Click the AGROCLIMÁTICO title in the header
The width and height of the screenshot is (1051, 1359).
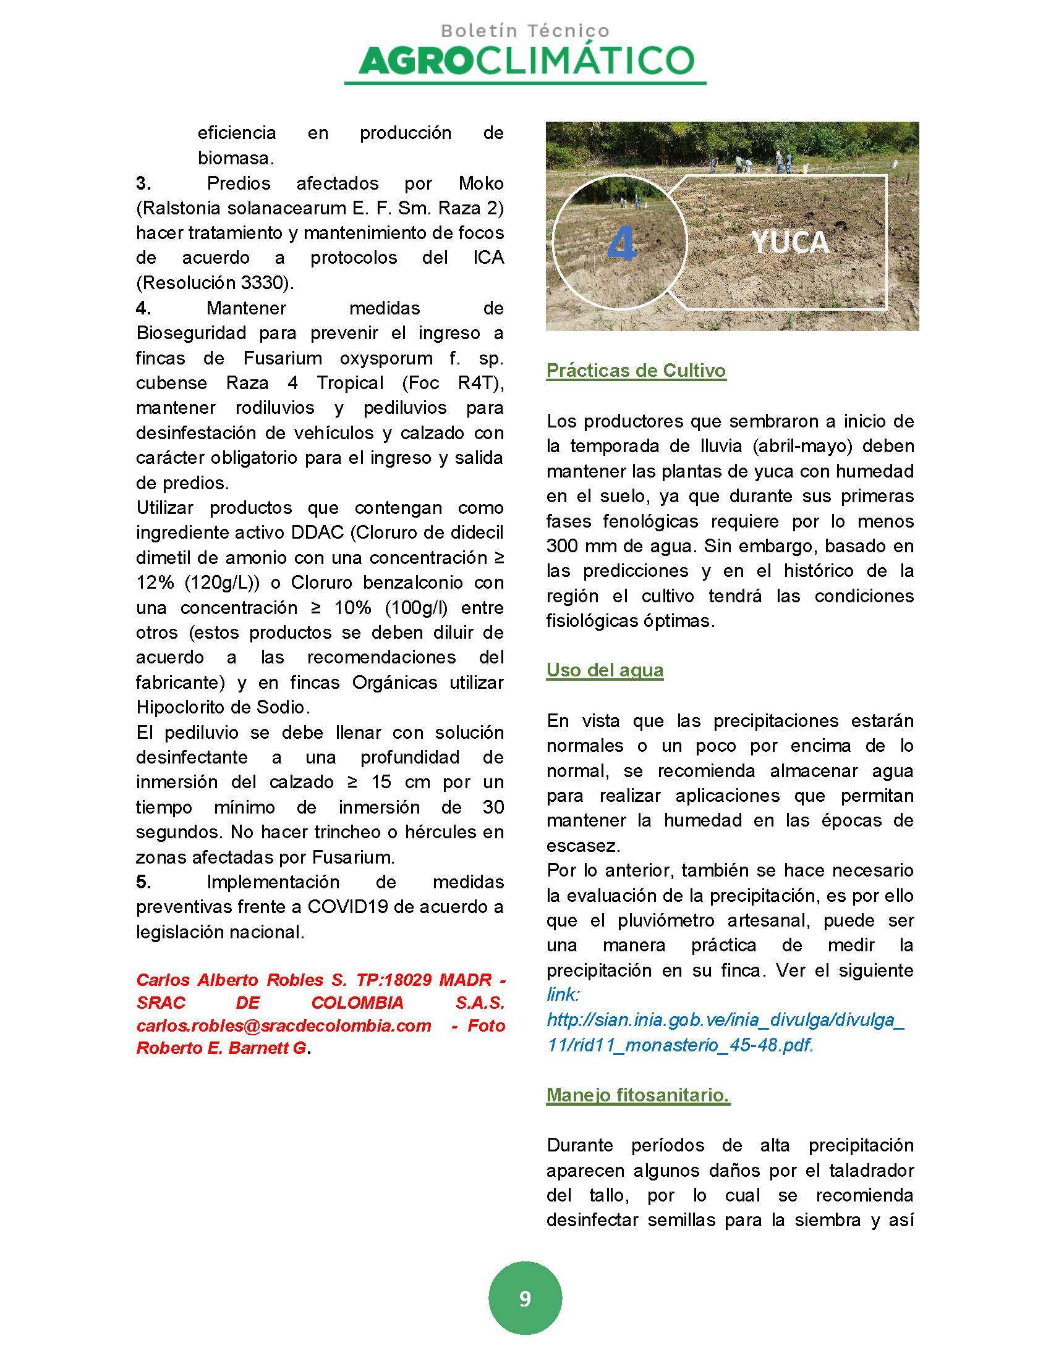tap(525, 61)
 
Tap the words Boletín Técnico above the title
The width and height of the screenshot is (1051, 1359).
tap(525, 30)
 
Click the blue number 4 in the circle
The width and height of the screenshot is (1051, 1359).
tap(621, 243)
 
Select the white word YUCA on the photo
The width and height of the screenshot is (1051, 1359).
tap(790, 242)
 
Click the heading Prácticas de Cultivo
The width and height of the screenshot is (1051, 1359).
tap(636, 370)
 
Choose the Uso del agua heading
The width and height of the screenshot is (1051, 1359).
tap(605, 670)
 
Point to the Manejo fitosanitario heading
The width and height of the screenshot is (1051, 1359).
tap(637, 1095)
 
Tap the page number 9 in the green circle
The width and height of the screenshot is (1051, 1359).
tap(525, 1298)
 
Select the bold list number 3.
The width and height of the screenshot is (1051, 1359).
tap(143, 183)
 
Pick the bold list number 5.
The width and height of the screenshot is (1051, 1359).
tap(143, 881)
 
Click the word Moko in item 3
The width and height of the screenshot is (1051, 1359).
tap(480, 183)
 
